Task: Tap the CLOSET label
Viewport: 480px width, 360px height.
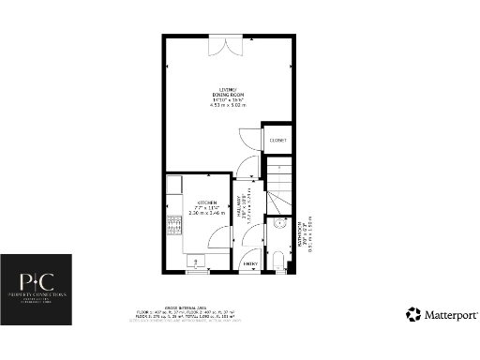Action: point(277,140)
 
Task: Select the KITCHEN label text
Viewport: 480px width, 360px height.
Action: point(206,202)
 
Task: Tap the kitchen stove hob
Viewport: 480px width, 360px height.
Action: point(172,225)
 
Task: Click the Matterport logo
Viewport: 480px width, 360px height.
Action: point(442,315)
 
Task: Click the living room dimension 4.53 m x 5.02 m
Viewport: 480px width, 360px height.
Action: point(225,106)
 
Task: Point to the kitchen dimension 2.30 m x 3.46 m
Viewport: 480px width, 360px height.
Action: point(206,214)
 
